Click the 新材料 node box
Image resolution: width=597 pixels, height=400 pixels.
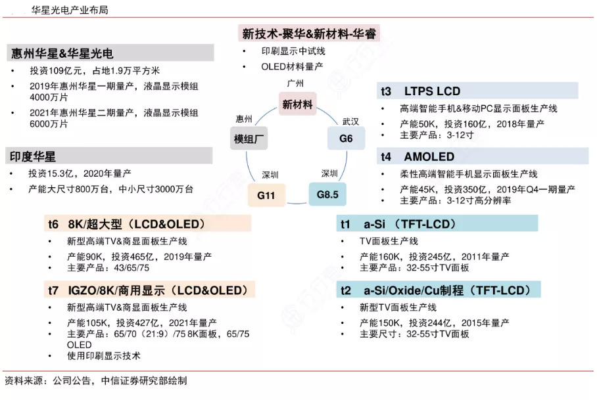tap(297, 104)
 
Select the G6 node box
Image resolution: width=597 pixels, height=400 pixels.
tap(346, 139)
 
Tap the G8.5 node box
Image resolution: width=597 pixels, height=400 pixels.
tap(327, 195)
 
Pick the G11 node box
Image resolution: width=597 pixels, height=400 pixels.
tap(266, 196)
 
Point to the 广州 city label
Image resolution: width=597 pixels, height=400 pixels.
tap(297, 83)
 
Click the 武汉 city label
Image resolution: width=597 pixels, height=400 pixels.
tap(350, 122)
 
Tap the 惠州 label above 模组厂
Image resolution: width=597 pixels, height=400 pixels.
tap(244, 119)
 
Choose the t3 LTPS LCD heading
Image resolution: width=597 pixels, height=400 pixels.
tap(421, 91)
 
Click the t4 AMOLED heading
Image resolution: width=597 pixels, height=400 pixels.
tap(418, 157)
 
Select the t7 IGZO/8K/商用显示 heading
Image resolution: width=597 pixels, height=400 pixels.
tap(147, 290)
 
